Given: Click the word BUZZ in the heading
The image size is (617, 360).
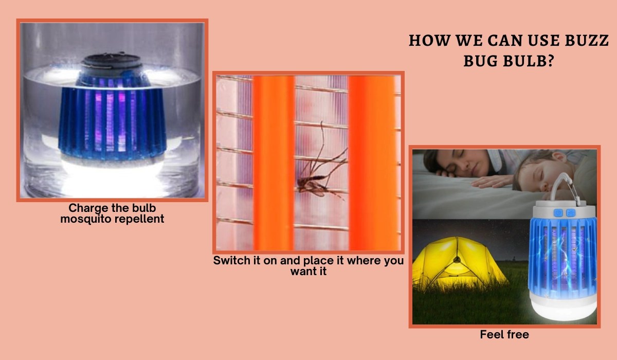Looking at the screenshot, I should [585, 42].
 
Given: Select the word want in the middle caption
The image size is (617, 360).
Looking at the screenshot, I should [301, 271].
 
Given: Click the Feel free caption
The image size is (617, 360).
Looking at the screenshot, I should [504, 335].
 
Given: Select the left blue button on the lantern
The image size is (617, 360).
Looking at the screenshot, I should [556, 212].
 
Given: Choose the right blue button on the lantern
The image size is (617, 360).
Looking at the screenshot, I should [569, 212].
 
